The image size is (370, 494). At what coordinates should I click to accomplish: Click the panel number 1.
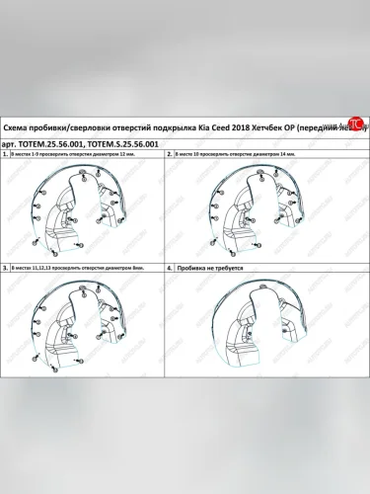7,156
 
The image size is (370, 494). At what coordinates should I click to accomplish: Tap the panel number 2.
170,156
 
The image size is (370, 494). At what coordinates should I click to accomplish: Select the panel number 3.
7,267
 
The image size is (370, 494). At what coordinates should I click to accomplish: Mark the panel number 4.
170,267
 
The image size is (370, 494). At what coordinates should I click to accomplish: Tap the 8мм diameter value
129,267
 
